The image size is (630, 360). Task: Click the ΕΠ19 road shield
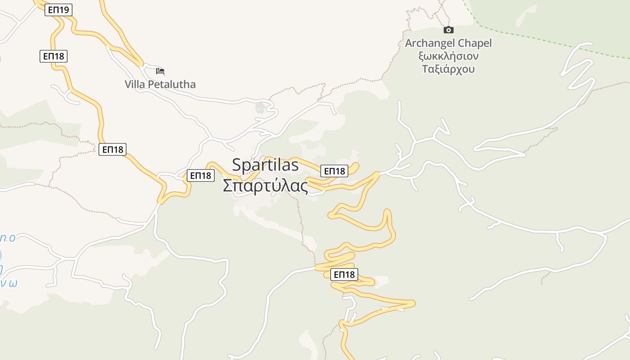[x=58, y=9]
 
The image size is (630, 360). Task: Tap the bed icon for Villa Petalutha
[x=160, y=71]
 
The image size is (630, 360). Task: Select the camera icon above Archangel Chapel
[x=448, y=30]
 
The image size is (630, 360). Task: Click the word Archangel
[x=430, y=43]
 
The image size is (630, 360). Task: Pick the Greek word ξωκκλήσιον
[x=448, y=56]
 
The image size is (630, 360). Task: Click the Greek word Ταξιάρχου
[x=448, y=69]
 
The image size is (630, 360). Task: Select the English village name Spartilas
[x=265, y=165]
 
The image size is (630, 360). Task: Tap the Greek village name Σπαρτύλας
[x=265, y=185]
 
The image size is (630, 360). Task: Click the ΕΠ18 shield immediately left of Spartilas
[x=201, y=175]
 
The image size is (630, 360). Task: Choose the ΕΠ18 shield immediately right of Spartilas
[x=334, y=171]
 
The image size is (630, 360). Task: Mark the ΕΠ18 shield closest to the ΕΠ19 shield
[x=53, y=56]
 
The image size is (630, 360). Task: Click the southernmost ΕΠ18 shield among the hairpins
[x=344, y=274]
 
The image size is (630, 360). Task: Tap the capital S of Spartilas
[x=237, y=165]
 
